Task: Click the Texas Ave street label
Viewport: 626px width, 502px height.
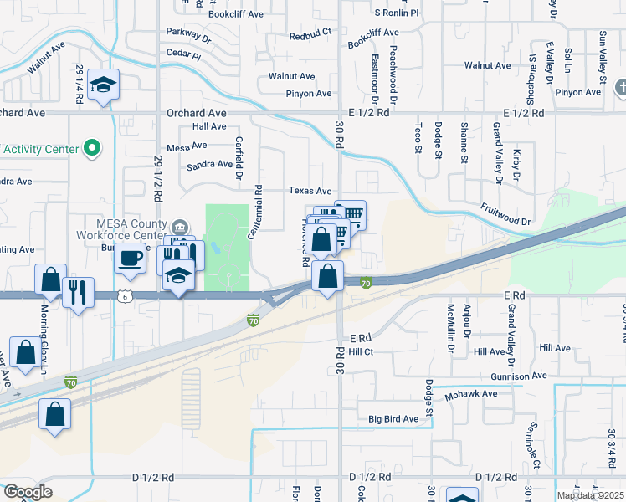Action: coord(310,191)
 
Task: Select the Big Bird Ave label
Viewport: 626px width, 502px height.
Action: coord(393,418)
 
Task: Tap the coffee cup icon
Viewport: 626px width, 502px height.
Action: coord(130,259)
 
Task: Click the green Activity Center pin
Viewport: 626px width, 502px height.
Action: coord(92,150)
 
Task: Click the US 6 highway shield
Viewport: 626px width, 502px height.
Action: coord(125,296)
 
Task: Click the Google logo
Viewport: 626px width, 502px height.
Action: coord(28,492)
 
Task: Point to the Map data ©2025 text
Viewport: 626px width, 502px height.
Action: coord(590,495)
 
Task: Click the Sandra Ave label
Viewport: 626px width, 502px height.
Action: coord(209,164)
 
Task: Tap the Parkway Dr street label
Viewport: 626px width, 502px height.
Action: coord(188,37)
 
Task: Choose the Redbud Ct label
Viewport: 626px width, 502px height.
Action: coord(310,37)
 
